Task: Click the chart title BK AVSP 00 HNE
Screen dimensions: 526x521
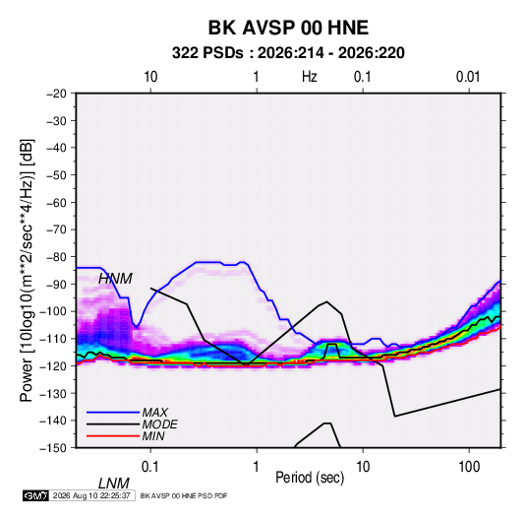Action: click(x=288, y=28)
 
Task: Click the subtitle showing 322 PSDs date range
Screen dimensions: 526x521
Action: click(x=288, y=53)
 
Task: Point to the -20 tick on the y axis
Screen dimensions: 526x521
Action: click(x=57, y=94)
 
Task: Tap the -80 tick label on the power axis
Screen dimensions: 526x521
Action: click(x=57, y=257)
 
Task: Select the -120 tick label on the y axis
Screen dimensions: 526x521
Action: click(x=54, y=365)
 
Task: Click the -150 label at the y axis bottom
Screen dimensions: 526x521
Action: click(x=54, y=448)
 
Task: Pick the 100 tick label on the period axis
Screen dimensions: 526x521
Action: click(x=469, y=467)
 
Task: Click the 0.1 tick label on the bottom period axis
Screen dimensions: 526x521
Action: click(x=150, y=467)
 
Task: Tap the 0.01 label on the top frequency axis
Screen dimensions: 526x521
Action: click(x=468, y=77)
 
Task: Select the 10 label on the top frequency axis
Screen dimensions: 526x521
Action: click(x=150, y=77)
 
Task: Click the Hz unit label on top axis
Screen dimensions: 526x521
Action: click(x=310, y=77)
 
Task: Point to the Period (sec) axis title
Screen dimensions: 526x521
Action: click(x=310, y=478)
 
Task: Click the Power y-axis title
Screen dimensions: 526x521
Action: click(x=27, y=271)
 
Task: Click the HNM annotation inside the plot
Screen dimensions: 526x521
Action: click(x=115, y=279)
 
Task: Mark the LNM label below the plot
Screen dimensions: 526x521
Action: click(x=114, y=484)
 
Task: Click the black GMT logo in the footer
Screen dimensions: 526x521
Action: click(x=36, y=495)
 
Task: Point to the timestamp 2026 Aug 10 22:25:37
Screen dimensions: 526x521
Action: click(x=91, y=495)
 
